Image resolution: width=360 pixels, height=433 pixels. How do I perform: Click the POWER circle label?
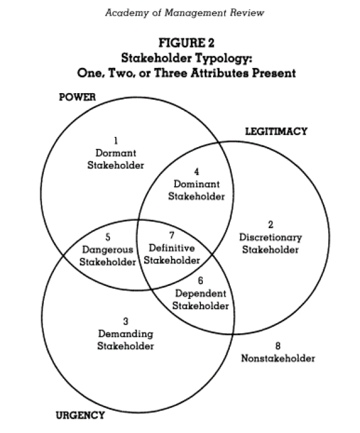(x=77, y=97)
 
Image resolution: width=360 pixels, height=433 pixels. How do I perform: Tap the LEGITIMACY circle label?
(x=277, y=131)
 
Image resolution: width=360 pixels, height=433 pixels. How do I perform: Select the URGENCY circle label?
(x=80, y=415)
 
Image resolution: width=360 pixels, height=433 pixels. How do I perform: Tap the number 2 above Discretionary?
(x=271, y=225)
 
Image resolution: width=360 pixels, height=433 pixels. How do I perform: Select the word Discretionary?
(x=271, y=237)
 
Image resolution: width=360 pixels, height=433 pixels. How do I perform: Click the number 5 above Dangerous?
(x=108, y=237)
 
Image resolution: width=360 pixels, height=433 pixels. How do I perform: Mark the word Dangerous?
(x=108, y=249)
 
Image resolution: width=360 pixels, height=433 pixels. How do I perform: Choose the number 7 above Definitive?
(x=172, y=235)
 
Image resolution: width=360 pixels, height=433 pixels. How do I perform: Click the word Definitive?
(x=172, y=247)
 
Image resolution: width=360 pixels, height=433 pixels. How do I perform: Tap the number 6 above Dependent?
(x=200, y=280)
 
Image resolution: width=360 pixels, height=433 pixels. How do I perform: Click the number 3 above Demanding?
(x=126, y=321)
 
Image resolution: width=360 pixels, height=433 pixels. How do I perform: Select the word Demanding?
(x=126, y=334)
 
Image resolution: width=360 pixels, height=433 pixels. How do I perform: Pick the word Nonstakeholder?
(x=278, y=358)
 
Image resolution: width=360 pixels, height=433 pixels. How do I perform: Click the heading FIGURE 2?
(x=181, y=43)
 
